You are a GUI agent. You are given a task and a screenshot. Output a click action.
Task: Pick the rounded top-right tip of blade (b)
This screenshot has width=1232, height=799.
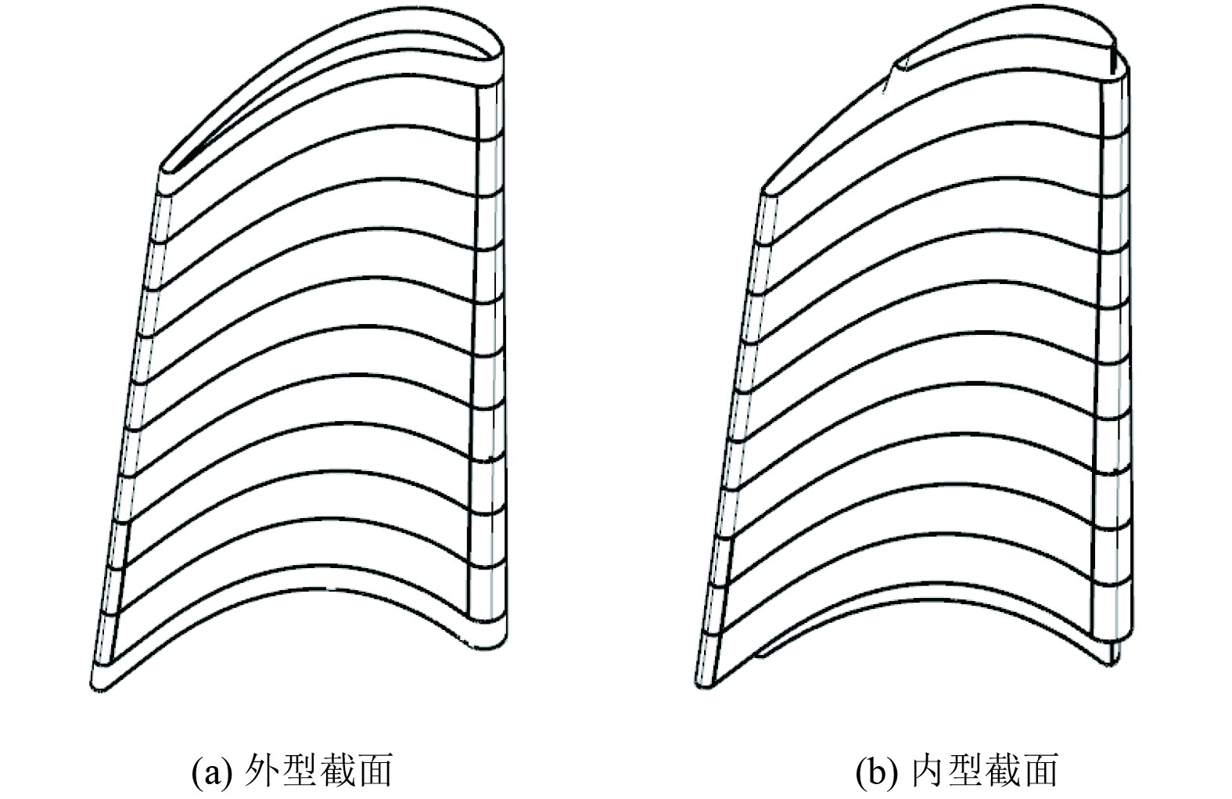tap(1120, 63)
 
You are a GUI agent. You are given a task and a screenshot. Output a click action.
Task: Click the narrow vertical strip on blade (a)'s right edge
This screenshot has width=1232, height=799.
tap(489, 352)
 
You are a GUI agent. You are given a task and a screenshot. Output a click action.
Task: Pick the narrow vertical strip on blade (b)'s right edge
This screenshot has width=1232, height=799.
tap(1115, 352)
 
